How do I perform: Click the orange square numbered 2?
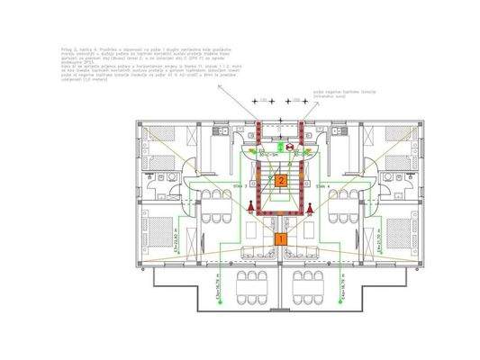pyautogui.click(x=281, y=181)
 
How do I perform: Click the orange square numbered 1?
pyautogui.click(x=280, y=239)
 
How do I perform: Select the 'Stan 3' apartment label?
pyautogui.click(x=240, y=184)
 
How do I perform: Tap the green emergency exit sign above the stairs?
pyautogui.click(x=289, y=144)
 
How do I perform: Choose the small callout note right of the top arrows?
pyautogui.click(x=335, y=93)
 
